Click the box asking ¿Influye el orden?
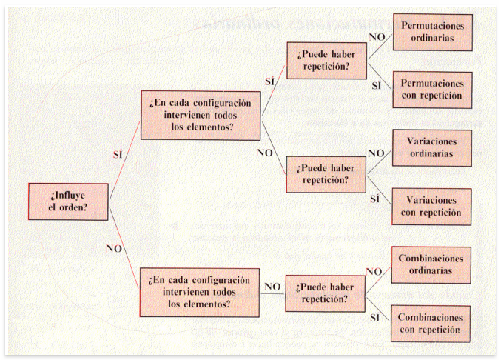[x=68, y=201]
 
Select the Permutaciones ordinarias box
[x=433, y=32]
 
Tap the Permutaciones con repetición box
[x=432, y=90]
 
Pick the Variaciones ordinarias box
[x=432, y=147]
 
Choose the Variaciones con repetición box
[x=431, y=207]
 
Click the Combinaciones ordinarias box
[x=431, y=264]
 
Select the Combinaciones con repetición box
[x=431, y=324]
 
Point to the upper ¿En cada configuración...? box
[x=201, y=116]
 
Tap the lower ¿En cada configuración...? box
[x=200, y=292]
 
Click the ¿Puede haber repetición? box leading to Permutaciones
[x=326, y=61]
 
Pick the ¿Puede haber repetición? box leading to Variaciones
[x=326, y=174]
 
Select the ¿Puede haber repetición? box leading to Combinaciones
[x=326, y=293]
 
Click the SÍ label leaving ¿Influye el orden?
[x=118, y=154]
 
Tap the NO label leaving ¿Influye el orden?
[x=114, y=248]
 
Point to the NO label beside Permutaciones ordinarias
[x=377, y=37]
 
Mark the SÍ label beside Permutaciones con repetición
[x=377, y=85]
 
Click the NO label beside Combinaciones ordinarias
[x=374, y=271]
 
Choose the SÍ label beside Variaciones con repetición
[x=375, y=199]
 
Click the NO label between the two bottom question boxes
[x=272, y=287]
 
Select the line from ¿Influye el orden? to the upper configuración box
[x=125, y=160]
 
